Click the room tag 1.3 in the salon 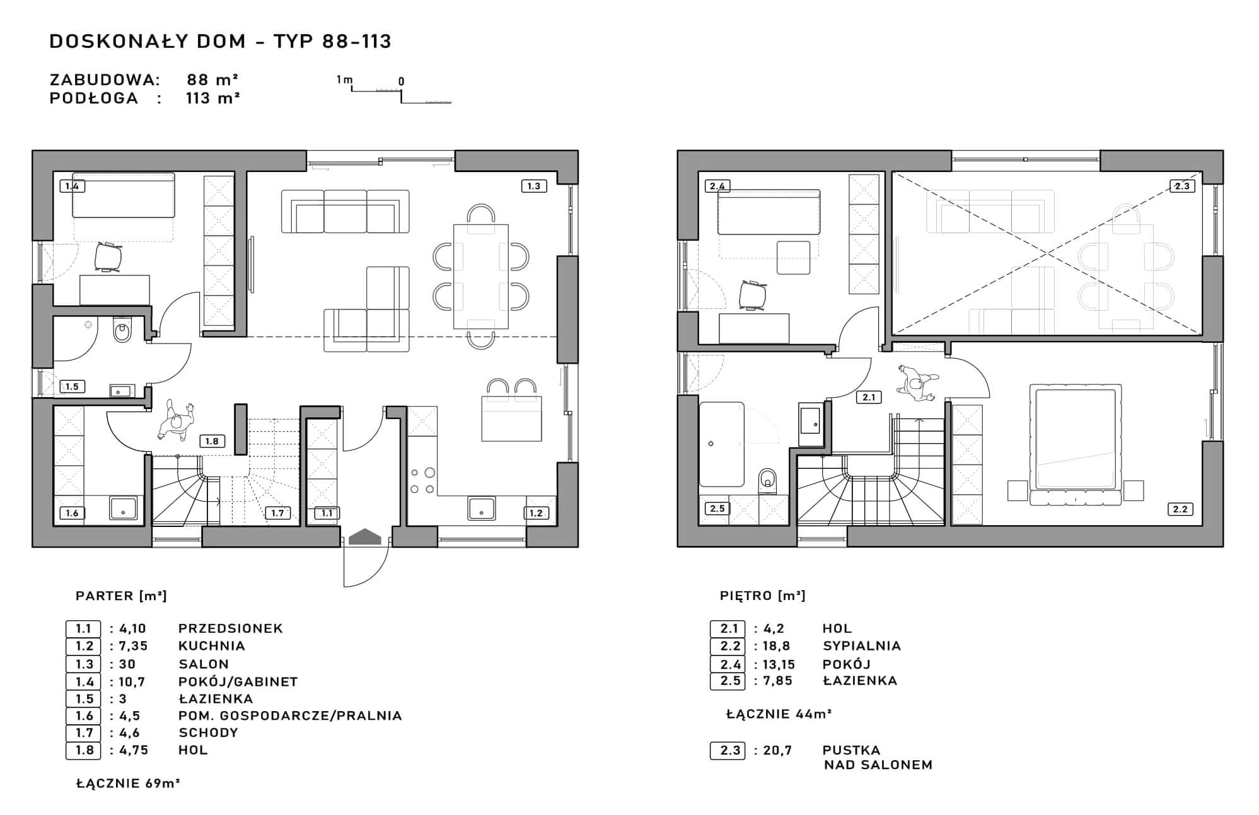(x=533, y=186)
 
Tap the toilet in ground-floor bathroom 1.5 (x=122, y=330)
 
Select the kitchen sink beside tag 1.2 (x=481, y=508)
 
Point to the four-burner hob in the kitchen (x=422, y=480)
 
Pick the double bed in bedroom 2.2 (x=1076, y=445)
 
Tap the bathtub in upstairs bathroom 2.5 (x=721, y=444)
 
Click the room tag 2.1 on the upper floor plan (x=869, y=397)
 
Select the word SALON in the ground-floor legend (x=204, y=664)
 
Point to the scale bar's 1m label (x=344, y=79)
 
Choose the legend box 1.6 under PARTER (x=83, y=716)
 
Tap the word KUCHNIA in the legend (x=212, y=646)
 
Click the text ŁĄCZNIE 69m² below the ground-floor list (x=128, y=783)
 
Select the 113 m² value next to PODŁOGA (x=212, y=98)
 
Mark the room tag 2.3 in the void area (x=1181, y=186)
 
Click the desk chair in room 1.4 (x=108, y=257)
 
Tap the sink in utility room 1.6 (x=123, y=508)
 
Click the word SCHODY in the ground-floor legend (x=209, y=733)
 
